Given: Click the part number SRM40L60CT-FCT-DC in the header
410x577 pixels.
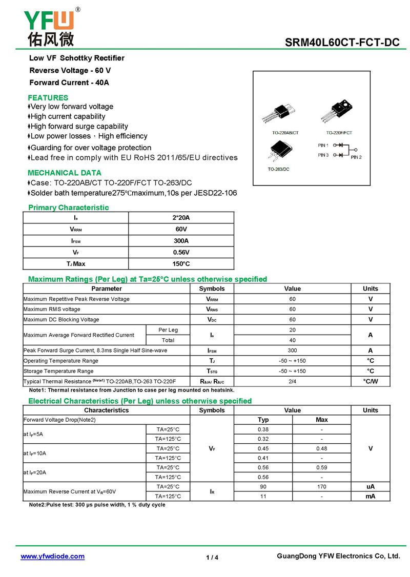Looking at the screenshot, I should pos(342,43).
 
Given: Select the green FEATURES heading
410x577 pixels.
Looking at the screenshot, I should pos(48,97).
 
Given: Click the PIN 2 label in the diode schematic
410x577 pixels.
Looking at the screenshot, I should pos(356,157).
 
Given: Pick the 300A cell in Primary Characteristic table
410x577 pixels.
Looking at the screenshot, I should pos(181,241).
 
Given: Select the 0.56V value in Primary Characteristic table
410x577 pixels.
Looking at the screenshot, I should pos(181,252).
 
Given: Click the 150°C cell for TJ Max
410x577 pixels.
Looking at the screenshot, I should pos(181,264).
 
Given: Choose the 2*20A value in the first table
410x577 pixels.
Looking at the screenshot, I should pos(181,218).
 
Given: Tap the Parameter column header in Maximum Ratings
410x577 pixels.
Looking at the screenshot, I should pos(107,288).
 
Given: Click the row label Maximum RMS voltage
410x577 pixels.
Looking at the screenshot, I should pos(52,310).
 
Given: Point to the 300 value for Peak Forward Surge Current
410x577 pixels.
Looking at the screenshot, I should pos(292,351).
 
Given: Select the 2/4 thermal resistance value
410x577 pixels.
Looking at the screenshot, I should pos(292,381).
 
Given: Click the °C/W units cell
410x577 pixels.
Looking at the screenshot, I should pos(370,381).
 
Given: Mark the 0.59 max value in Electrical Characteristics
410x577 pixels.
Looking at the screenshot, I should pos(322,467).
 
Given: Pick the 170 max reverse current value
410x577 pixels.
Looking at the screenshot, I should pos(322,486).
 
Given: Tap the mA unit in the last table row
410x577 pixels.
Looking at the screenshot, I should pos(370,496).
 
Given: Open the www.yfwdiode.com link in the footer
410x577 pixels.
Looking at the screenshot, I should pos(52,557).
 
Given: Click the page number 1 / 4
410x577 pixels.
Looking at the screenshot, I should pos(212,558).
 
